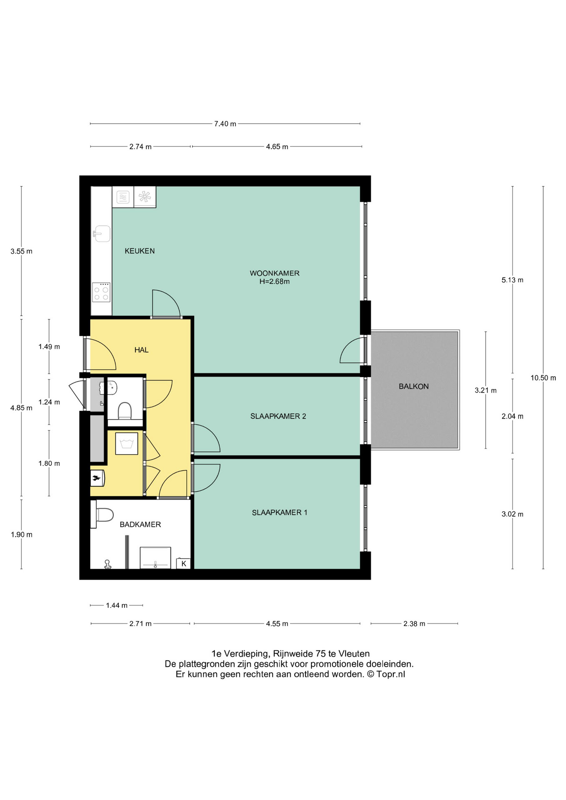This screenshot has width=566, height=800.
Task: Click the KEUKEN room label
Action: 140,251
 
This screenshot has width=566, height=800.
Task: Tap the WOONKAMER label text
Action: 274,273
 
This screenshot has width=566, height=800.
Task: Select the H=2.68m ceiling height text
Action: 274,282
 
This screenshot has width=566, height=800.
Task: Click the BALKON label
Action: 413,386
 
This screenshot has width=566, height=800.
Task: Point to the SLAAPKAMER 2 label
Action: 278,416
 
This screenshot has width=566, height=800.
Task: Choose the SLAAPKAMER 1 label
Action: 279,512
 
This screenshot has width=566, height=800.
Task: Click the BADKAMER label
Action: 140,525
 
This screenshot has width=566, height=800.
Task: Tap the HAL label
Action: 141,350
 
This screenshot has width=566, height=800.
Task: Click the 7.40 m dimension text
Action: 225,124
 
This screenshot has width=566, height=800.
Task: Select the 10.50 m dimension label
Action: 543,378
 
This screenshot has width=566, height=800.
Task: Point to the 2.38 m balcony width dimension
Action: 414,624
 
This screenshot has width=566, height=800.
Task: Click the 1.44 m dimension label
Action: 116,605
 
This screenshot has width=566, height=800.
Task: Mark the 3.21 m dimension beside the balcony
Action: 485,390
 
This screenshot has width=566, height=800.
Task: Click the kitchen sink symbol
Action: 101,234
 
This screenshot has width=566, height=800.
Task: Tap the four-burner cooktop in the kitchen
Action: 101,292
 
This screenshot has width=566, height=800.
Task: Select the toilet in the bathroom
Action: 105,515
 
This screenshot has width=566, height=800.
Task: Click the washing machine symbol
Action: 126,444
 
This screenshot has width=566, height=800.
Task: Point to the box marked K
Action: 183,564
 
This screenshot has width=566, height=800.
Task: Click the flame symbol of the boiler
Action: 96,478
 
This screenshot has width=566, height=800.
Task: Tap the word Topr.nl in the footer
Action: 391,674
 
